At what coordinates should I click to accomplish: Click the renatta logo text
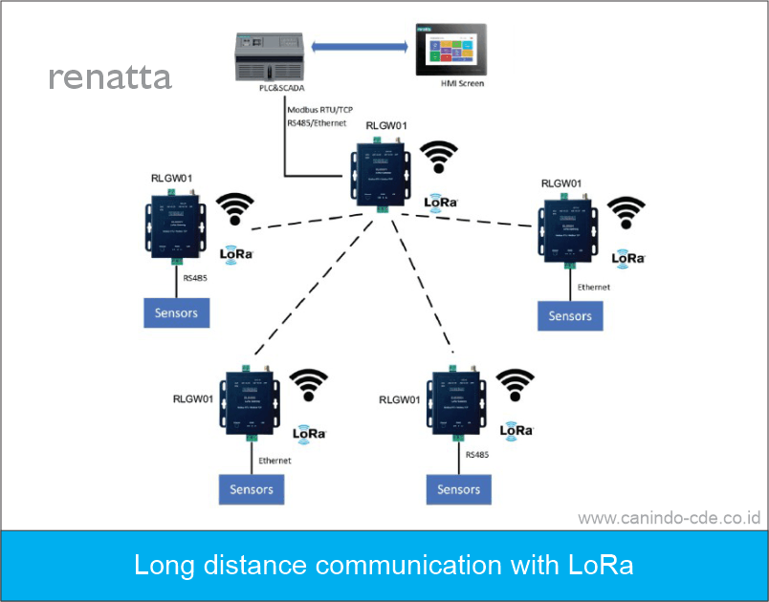[x=110, y=77]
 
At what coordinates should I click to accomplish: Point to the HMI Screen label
[x=462, y=84]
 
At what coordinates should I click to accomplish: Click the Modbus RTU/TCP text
[x=319, y=110]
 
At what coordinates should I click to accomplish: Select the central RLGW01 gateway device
[x=381, y=172]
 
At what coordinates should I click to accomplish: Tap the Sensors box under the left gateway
[x=176, y=312]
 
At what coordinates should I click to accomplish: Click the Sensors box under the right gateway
[x=570, y=316]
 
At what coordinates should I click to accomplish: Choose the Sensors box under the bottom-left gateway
[x=252, y=489]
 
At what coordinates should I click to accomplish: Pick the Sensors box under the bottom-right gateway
[x=458, y=489]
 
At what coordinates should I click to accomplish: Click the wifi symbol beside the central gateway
[x=440, y=158]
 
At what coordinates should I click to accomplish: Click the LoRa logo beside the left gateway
[x=236, y=254]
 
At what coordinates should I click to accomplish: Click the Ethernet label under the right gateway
[x=593, y=287]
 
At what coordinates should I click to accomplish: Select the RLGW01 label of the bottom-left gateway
[x=193, y=398]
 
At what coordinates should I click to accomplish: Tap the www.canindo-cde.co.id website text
[x=669, y=518]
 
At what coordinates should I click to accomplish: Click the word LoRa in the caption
[x=601, y=565]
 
